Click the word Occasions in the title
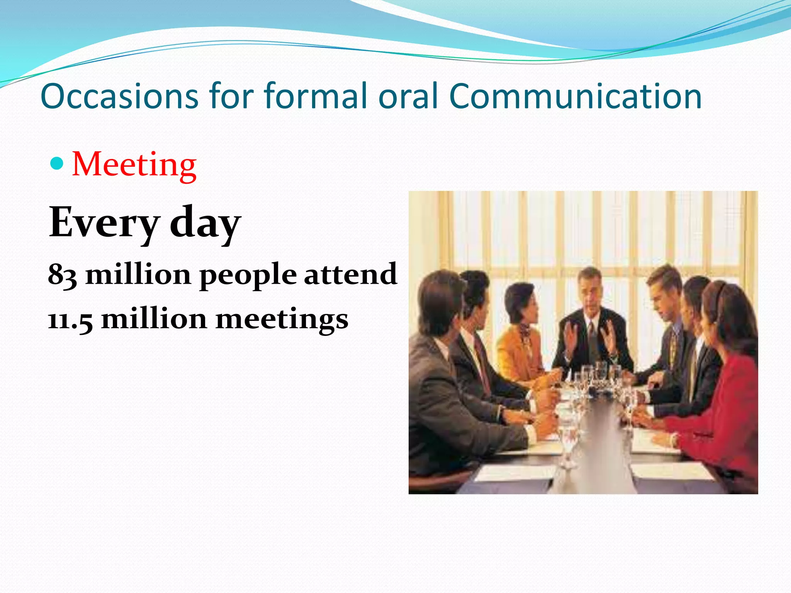(119, 96)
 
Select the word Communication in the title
(575, 96)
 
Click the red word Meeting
(134, 165)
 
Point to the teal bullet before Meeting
(57, 164)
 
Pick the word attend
(350, 274)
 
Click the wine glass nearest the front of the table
(568, 444)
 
